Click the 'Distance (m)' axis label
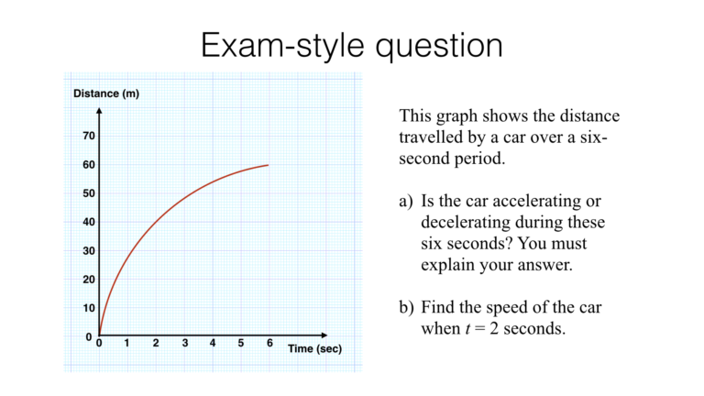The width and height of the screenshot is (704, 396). pos(106,94)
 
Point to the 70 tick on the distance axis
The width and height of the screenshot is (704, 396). pos(89,136)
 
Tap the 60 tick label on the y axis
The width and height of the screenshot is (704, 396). pos(89,165)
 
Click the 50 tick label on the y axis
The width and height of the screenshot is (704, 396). pos(89,193)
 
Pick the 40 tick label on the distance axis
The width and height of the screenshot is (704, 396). pos(89,222)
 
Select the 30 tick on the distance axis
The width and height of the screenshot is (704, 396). pos(89,250)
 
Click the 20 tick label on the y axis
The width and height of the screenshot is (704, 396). pos(89,280)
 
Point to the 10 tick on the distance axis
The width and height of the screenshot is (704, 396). pos(89,308)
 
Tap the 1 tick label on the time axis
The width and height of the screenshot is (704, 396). pos(127,344)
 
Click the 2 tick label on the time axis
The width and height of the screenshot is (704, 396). pos(156,344)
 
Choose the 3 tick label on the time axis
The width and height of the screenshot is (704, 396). pos(184,344)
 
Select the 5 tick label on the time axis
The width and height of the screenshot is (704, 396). pos(241,344)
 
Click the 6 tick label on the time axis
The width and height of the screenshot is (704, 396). pos(269,344)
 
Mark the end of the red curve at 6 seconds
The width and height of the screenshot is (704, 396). pos(269,165)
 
